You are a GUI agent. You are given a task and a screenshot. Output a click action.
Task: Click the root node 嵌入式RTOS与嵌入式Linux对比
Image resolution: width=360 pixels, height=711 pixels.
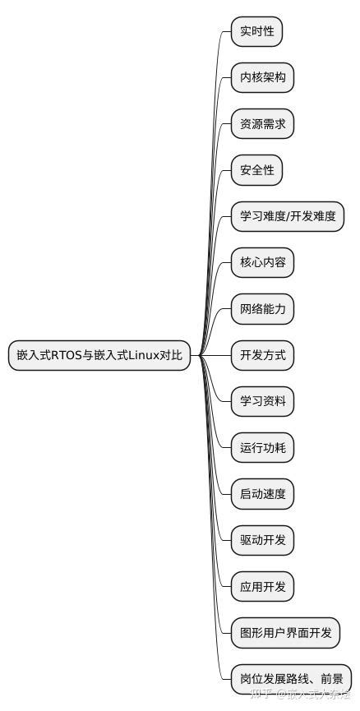tap(99, 356)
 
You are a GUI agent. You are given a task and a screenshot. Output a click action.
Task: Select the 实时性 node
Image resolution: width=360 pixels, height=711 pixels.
tap(256, 33)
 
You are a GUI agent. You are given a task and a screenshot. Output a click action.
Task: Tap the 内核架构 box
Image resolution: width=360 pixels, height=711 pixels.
tap(262, 79)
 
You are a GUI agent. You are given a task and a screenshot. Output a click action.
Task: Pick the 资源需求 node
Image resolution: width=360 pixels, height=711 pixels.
tap(262, 125)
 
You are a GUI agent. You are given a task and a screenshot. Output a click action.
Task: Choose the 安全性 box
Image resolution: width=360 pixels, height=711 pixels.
tap(256, 171)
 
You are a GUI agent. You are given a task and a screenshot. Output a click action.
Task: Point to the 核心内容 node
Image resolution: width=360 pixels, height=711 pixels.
tap(262, 264)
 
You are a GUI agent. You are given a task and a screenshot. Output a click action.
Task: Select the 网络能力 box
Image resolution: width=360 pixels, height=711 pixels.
tap(262, 310)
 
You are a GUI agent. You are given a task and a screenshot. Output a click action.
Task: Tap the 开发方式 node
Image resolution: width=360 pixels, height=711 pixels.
tap(262, 356)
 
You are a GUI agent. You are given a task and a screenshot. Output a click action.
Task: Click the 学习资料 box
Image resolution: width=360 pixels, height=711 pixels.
tap(262, 402)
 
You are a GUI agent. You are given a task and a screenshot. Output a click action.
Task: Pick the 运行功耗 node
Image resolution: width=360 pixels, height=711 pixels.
tap(262, 448)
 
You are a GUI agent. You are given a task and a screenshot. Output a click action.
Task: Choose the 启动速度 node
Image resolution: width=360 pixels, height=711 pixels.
tap(262, 494)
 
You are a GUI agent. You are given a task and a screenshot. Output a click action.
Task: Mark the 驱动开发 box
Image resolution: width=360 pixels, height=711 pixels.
tap(262, 540)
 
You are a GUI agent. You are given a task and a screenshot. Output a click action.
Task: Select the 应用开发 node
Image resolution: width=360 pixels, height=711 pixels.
tap(262, 586)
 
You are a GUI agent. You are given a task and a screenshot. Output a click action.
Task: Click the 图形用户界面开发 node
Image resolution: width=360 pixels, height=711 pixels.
tap(285, 632)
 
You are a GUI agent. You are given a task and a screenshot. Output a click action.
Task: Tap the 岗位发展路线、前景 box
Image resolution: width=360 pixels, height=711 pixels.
tap(291, 678)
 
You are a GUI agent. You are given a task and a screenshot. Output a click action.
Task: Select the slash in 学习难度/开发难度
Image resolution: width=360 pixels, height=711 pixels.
tap(288, 218)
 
